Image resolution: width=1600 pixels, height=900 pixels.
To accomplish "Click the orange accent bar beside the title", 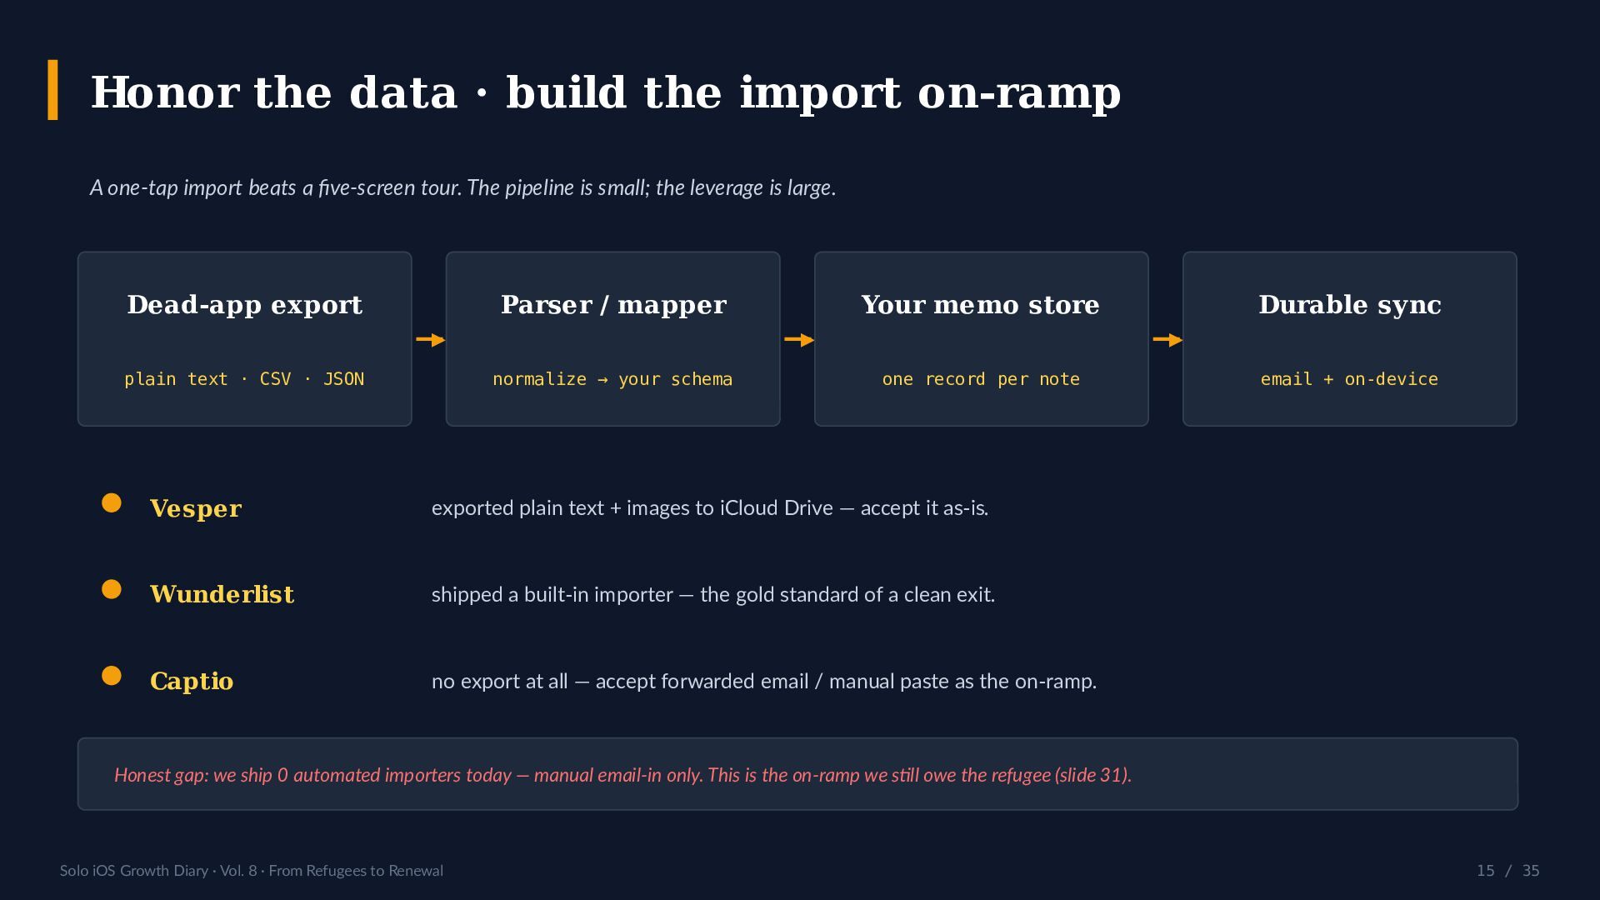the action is [x=52, y=90].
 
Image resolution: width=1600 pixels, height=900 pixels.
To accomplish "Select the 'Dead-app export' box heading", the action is [x=245, y=305].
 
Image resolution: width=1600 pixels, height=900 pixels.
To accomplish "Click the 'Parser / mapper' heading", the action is [x=613, y=305].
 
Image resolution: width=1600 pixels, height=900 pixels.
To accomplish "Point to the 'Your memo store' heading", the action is [x=981, y=305].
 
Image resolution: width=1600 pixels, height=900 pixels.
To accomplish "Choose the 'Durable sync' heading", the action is [x=1350, y=305].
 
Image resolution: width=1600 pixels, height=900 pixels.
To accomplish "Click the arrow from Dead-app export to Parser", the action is [x=430, y=340].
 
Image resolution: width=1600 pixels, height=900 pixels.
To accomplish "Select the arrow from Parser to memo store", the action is [x=798, y=340].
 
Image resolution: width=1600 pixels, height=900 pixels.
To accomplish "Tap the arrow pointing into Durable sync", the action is [x=1167, y=340].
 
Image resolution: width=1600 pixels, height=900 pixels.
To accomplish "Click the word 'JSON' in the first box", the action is [x=343, y=379].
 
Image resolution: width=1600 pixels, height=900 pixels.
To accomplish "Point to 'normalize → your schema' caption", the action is [x=612, y=379].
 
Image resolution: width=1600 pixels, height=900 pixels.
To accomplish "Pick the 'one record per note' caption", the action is [x=981, y=379].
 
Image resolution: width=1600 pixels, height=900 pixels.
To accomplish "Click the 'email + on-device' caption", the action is [x=1349, y=379].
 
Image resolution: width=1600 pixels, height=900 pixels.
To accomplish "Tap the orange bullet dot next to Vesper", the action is [x=112, y=503].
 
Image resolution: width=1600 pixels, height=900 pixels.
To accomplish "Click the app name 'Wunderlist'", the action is [x=222, y=594].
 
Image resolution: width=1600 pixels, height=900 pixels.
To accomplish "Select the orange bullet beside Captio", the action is [x=112, y=676].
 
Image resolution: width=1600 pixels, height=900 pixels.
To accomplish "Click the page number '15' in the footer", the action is [x=1485, y=871].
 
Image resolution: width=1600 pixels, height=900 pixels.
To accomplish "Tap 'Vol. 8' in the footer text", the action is [x=238, y=871].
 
